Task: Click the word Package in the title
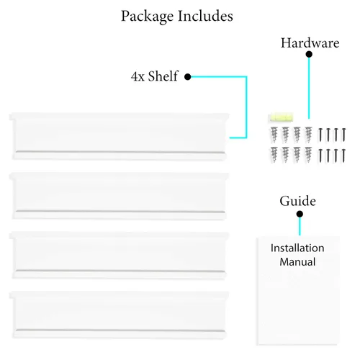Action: click(x=148, y=17)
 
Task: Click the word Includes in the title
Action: click(x=205, y=16)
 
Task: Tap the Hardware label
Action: click(x=310, y=43)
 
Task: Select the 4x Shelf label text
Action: click(x=155, y=76)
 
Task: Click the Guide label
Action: click(x=297, y=201)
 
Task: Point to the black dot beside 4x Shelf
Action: click(x=188, y=77)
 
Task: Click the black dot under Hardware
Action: click(x=309, y=55)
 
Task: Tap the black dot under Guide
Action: click(x=300, y=214)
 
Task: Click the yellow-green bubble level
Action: click(x=281, y=117)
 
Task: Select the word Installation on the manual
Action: click(x=297, y=248)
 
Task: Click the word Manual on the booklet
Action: click(x=297, y=262)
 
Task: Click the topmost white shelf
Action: click(x=119, y=137)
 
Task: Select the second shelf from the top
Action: click(x=119, y=196)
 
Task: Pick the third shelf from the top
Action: click(x=119, y=256)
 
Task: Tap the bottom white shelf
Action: click(x=119, y=315)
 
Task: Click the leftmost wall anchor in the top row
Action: click(x=274, y=135)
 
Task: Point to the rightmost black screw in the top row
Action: click(x=344, y=135)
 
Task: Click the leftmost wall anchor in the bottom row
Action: click(x=274, y=155)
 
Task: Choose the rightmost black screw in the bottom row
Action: click(x=344, y=156)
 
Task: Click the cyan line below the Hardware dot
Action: click(x=309, y=89)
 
